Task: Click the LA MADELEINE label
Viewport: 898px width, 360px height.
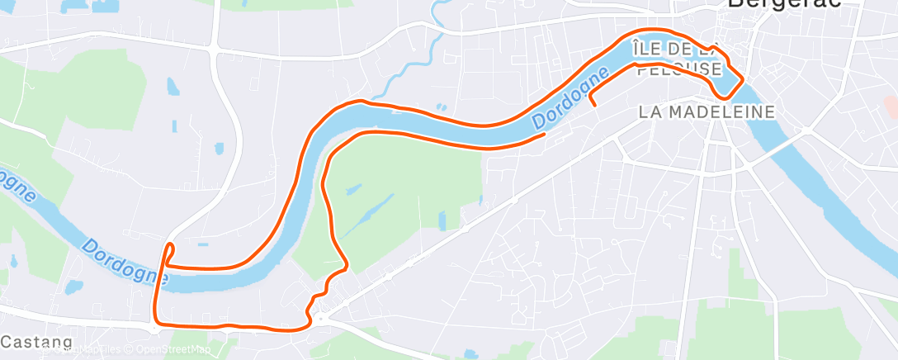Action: point(707,111)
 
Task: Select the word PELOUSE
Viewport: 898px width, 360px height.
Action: point(679,69)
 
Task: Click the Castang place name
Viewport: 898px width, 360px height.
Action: point(36,341)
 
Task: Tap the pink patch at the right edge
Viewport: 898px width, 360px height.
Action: point(891,106)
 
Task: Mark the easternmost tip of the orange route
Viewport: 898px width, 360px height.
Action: point(744,79)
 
